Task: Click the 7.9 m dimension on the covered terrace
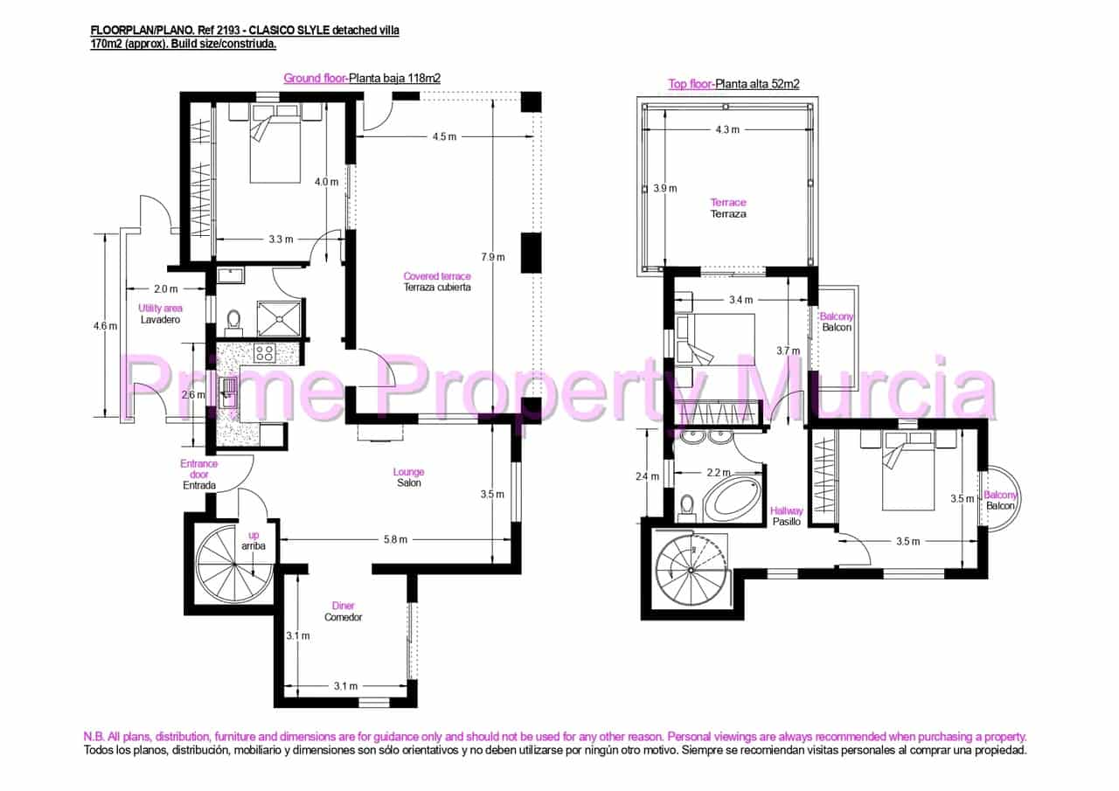click(x=492, y=257)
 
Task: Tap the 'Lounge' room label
click(x=408, y=472)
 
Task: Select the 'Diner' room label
click(x=343, y=606)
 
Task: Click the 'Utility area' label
click(x=160, y=309)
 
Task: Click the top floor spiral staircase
click(x=691, y=570)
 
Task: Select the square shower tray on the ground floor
click(x=280, y=318)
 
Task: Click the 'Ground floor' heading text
click(x=314, y=78)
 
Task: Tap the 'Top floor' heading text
click(x=690, y=84)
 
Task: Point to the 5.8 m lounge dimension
click(x=395, y=539)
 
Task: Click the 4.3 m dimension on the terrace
click(x=727, y=129)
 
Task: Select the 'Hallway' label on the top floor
click(x=786, y=511)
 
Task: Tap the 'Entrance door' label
click(x=198, y=469)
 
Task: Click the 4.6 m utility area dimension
click(x=105, y=326)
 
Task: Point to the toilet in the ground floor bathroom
click(x=233, y=322)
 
